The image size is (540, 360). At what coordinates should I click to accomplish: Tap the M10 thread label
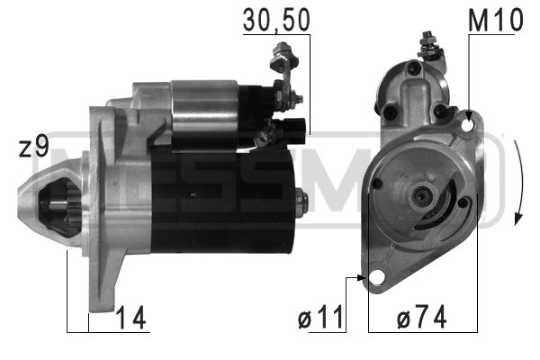tap(494, 20)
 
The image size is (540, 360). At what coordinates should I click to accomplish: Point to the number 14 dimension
tap(130, 317)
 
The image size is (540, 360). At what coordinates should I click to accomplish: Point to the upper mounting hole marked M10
tap(466, 126)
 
